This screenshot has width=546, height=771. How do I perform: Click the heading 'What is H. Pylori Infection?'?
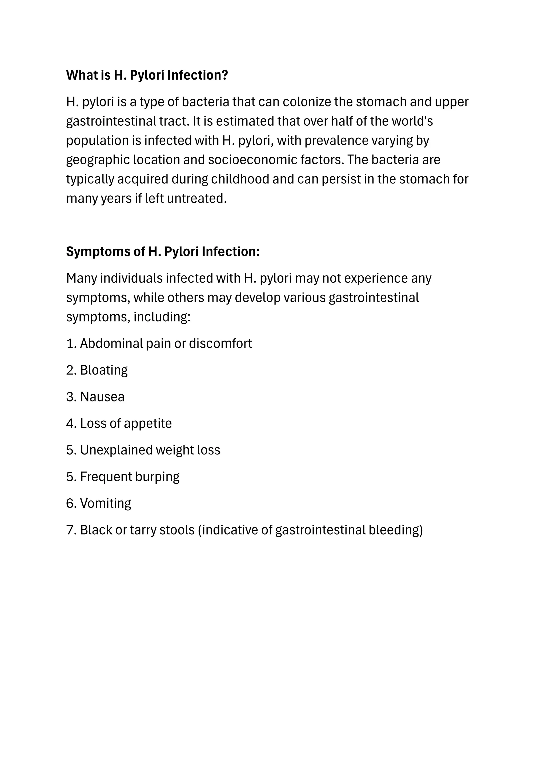pyautogui.click(x=147, y=75)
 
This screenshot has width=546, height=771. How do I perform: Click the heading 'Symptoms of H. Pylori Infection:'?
pyautogui.click(x=163, y=252)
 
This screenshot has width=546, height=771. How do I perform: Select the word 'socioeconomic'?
pyautogui.click(x=252, y=160)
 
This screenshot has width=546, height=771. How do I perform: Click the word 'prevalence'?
pyautogui.click(x=336, y=140)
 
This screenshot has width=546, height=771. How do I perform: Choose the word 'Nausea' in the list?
pyautogui.click(x=102, y=397)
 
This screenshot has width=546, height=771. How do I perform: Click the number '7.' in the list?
pyautogui.click(x=71, y=530)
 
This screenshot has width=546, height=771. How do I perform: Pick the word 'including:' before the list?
pyautogui.click(x=162, y=317)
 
